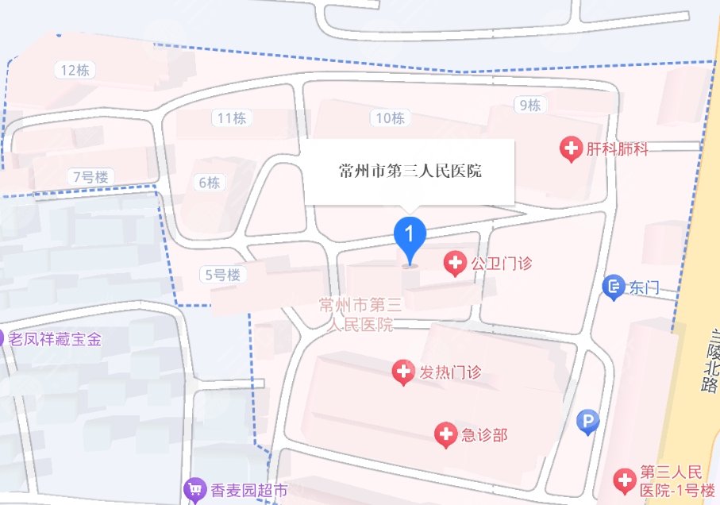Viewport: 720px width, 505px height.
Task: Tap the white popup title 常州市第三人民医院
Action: coord(410,171)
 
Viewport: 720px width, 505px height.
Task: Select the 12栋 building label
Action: coord(75,70)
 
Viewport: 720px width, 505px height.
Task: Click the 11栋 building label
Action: coord(231,118)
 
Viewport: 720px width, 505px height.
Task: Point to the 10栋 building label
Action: coord(390,118)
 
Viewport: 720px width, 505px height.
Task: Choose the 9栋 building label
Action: coord(529,104)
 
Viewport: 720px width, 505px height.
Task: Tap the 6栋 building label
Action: coord(210,183)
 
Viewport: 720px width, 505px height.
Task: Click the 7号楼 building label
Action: coord(89,176)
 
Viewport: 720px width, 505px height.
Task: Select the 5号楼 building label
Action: coord(222,276)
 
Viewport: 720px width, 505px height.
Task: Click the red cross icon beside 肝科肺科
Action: coord(570,148)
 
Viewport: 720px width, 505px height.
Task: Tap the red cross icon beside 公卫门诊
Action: coord(455,262)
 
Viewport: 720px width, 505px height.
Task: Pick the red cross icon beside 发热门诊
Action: coord(403,370)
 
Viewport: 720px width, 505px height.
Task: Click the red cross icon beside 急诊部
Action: coord(446,434)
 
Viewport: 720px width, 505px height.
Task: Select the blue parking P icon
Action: coord(587,422)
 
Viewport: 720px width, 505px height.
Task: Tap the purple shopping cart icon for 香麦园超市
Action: coord(194,490)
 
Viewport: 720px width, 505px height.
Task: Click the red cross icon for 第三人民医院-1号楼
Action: coord(625,479)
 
